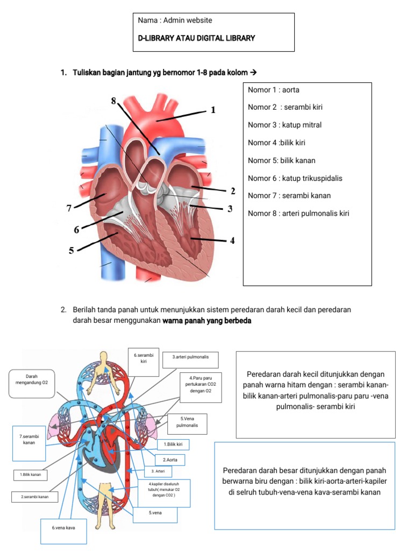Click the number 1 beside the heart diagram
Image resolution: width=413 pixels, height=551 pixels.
click(x=213, y=110)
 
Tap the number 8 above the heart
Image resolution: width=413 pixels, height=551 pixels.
click(x=113, y=101)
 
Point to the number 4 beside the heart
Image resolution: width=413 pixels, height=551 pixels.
click(x=232, y=241)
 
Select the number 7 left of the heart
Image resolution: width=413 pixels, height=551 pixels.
click(x=69, y=209)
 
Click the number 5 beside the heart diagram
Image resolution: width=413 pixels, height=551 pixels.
click(x=72, y=250)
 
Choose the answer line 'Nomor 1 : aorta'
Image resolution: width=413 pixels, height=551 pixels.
click(x=273, y=90)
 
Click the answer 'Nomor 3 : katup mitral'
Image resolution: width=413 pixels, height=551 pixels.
click(x=284, y=125)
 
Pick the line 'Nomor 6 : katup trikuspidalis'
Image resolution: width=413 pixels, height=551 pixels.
click(x=295, y=178)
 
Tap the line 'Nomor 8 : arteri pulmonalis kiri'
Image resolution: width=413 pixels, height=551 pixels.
click(x=298, y=213)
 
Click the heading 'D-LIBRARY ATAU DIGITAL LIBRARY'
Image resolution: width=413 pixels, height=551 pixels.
click(x=196, y=38)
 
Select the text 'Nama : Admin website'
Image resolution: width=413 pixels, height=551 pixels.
click(x=175, y=20)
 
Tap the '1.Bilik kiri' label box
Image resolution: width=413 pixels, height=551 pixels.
click(x=173, y=444)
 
